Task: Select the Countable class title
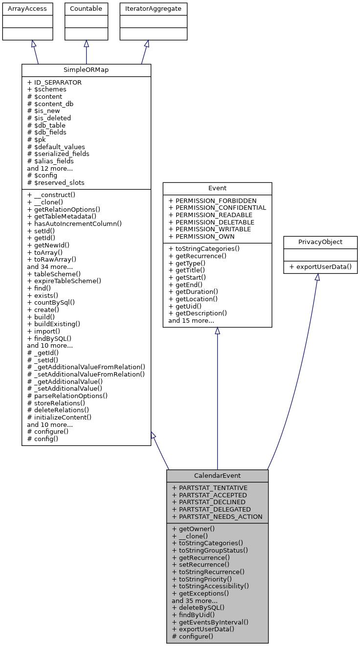point(86,9)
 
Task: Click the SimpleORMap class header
point(86,70)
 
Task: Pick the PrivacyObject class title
point(320,242)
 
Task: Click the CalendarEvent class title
point(217,475)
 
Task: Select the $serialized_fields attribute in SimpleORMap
point(58,154)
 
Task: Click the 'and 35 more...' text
point(195,601)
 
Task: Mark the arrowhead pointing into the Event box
point(217,331)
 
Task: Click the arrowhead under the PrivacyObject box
point(317,277)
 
